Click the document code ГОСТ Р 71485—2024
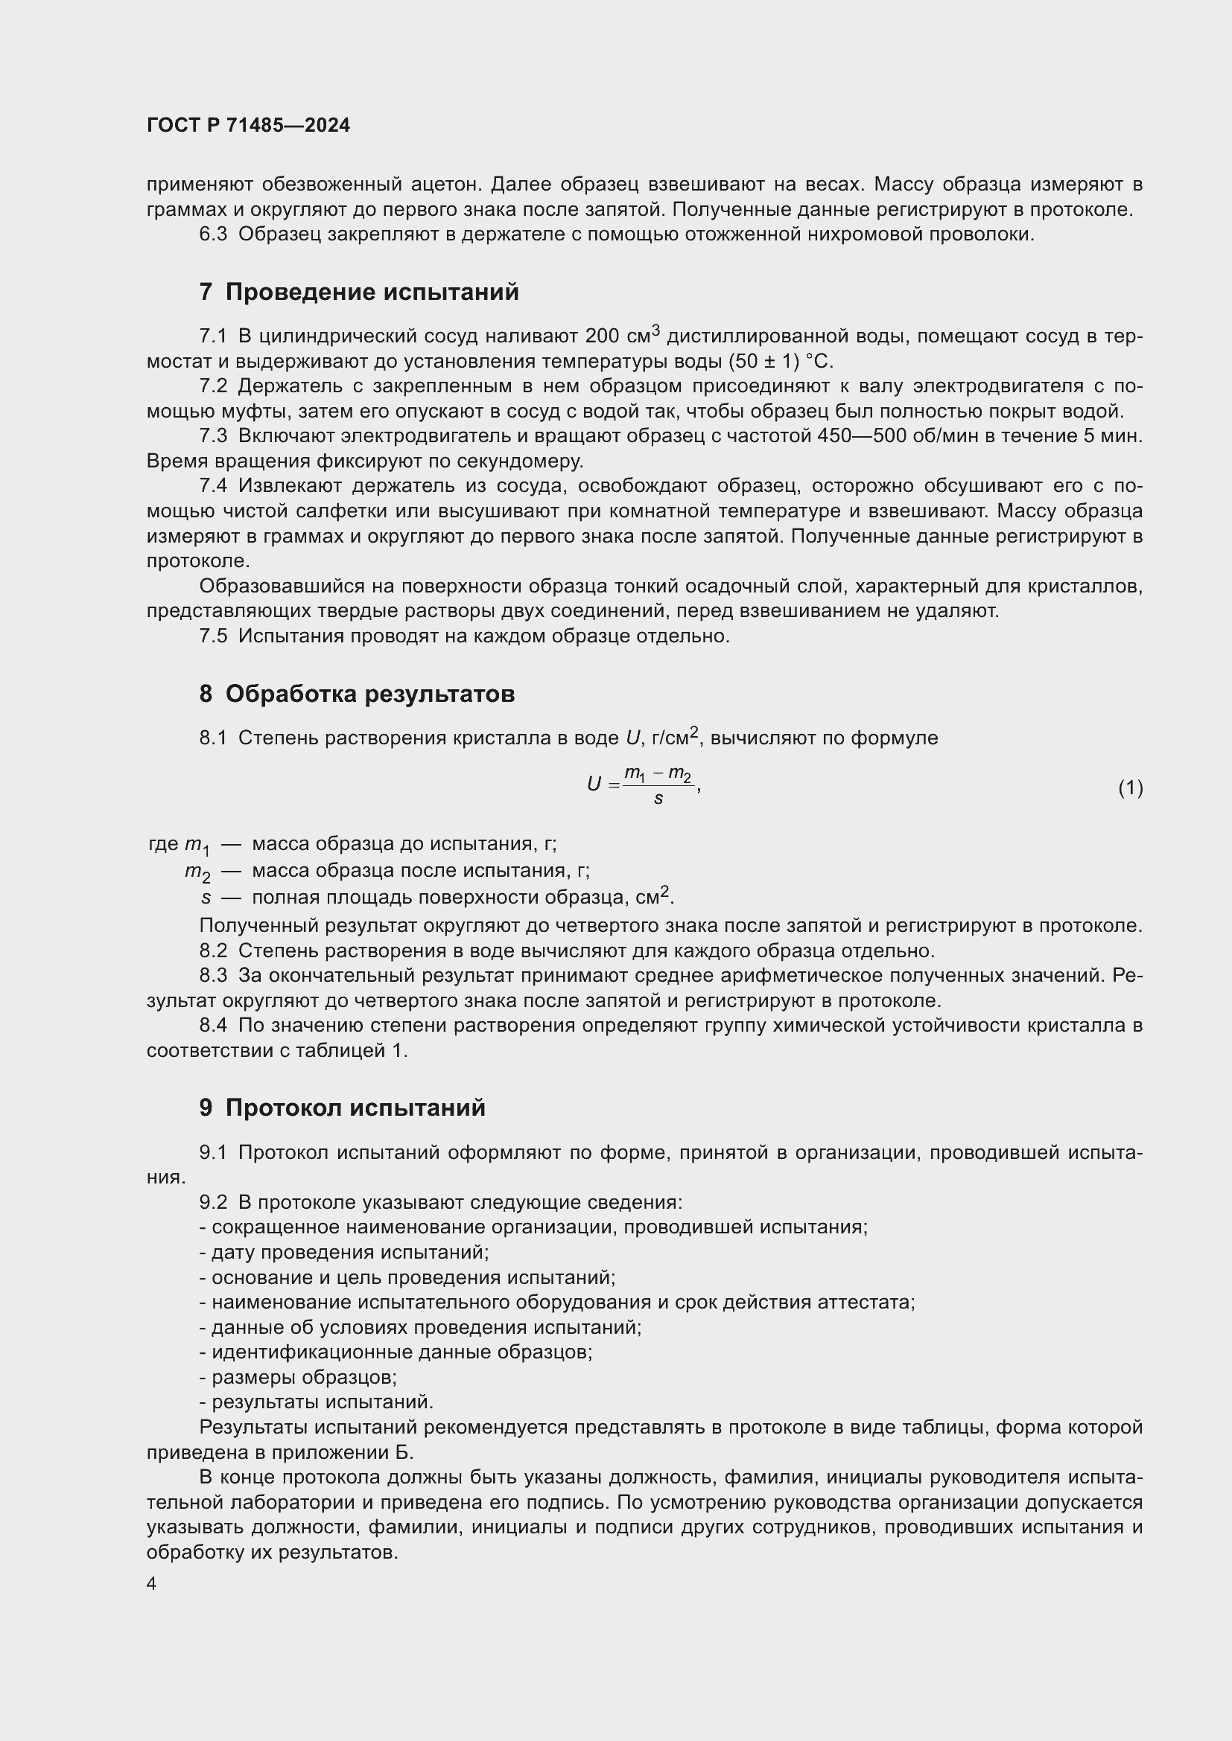[x=248, y=125]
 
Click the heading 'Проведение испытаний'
[x=372, y=292]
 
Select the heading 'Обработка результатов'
[x=369, y=694]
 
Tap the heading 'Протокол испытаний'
[x=355, y=1108]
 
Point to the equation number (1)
[x=1130, y=788]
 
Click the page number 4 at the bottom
[x=152, y=1583]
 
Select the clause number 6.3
[x=213, y=234]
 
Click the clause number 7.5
[x=213, y=636]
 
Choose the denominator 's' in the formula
[x=658, y=799]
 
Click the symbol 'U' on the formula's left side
[x=594, y=784]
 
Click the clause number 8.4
[x=213, y=1026]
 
